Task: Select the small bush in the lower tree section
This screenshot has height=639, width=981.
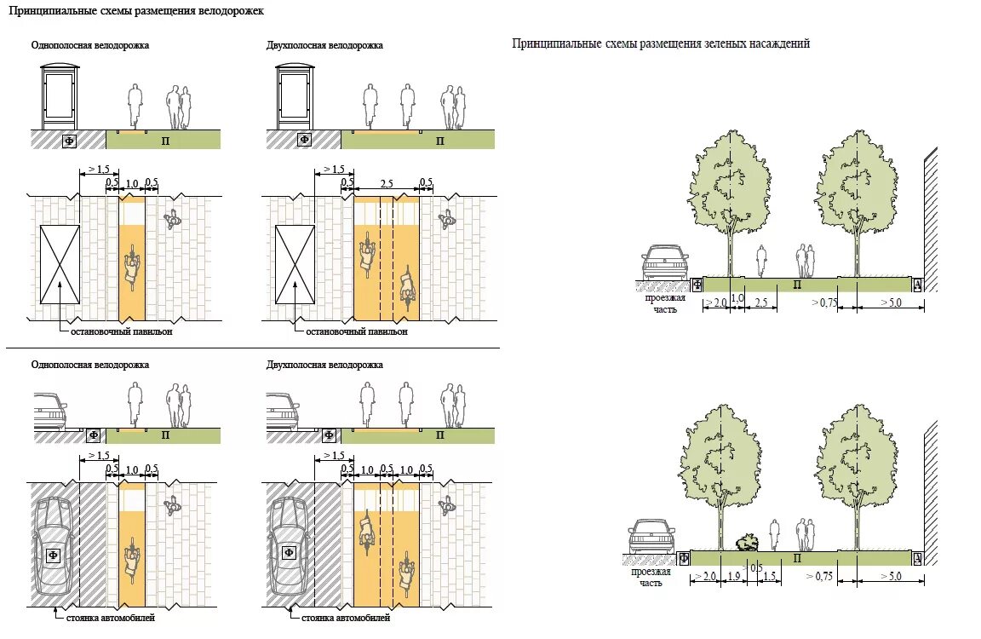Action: pos(747,541)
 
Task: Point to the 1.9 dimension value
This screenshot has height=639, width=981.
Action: pos(734,577)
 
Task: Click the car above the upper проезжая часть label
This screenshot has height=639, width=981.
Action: pos(665,262)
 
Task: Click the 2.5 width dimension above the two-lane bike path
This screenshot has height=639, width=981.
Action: pos(386,184)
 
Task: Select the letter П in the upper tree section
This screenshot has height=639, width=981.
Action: pos(797,285)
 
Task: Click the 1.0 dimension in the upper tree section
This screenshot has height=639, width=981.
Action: pos(737,299)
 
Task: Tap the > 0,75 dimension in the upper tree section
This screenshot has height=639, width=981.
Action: pos(823,302)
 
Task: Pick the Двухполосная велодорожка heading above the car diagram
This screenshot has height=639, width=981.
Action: pos(324,365)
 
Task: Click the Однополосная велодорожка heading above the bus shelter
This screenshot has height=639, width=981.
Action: pos(90,45)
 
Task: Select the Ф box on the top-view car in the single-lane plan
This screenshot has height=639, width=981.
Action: pos(53,555)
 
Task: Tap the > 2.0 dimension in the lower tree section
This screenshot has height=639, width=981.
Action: pos(704,577)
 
